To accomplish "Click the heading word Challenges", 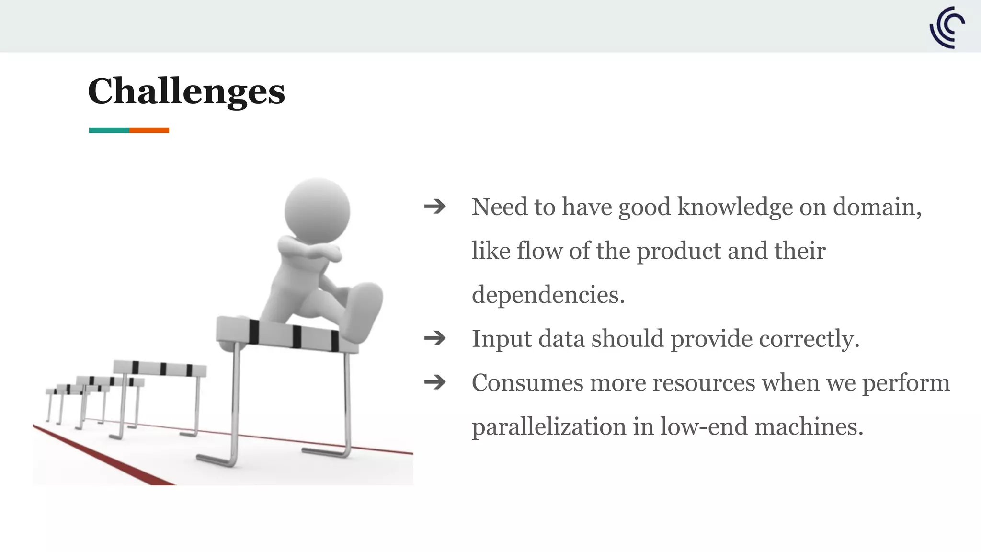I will point(186,91).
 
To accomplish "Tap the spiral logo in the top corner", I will point(947,27).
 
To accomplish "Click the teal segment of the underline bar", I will point(109,130).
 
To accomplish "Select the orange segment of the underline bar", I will point(149,130).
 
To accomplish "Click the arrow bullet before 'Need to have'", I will point(435,207).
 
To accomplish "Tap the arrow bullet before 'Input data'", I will point(435,339).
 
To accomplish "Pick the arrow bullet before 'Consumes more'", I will point(435,382).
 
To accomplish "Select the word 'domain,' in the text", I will point(877,207).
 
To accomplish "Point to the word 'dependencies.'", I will point(548,295).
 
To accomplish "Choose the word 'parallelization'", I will point(549,426).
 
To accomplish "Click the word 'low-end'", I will point(704,426).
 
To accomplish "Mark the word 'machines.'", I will point(809,426).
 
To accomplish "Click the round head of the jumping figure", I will point(317,210).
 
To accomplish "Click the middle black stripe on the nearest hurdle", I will point(297,336).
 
